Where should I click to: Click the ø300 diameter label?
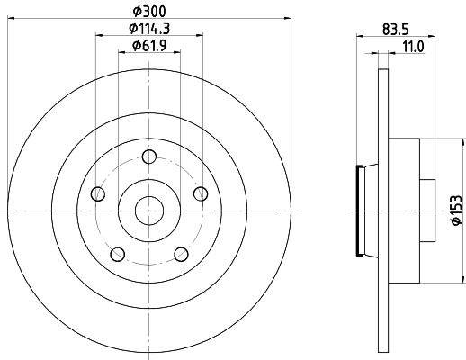pos(149,12)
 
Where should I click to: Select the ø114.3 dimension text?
pos(149,29)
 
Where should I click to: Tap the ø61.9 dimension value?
pos(149,46)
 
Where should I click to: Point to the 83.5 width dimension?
pos(396,30)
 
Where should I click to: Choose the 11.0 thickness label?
pos(414,47)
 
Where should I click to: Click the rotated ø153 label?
pos(456,210)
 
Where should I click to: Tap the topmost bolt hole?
pos(149,157)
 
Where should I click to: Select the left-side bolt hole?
pos(97,193)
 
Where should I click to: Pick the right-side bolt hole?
pos(201,193)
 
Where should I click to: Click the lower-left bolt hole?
pos(118,255)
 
